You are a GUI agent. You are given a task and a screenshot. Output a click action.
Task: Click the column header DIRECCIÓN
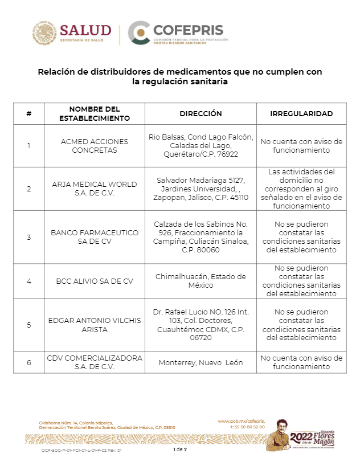[201, 113]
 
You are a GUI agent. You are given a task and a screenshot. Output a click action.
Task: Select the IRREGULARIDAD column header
[301, 113]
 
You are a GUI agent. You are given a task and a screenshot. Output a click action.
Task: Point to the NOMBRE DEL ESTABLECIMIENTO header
[95, 113]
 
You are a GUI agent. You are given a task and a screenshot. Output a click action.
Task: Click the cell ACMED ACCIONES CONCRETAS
[95, 146]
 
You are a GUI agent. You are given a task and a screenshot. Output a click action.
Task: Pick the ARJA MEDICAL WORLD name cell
[95, 189]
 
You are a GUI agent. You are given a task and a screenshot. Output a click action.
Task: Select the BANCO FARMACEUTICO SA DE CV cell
[95, 237]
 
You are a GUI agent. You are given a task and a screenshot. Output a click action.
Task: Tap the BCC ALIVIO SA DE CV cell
[95, 281]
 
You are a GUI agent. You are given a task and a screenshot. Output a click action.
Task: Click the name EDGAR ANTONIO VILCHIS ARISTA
[95, 325]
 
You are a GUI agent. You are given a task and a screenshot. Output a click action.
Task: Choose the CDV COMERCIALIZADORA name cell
[95, 362]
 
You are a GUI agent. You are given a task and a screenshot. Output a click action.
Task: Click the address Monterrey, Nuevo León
[201, 362]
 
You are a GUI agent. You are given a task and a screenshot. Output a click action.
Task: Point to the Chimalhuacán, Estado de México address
[201, 281]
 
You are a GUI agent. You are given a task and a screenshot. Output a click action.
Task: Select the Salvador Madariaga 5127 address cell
[201, 189]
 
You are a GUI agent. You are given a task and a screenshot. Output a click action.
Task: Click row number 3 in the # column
[29, 237]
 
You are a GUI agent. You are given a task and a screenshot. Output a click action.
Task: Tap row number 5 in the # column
[29, 325]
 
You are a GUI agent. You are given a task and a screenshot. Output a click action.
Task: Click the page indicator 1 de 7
[180, 449]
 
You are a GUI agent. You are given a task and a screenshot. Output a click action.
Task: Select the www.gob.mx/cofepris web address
[241, 421]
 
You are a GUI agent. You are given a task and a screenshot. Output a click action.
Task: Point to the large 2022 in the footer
[301, 437]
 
